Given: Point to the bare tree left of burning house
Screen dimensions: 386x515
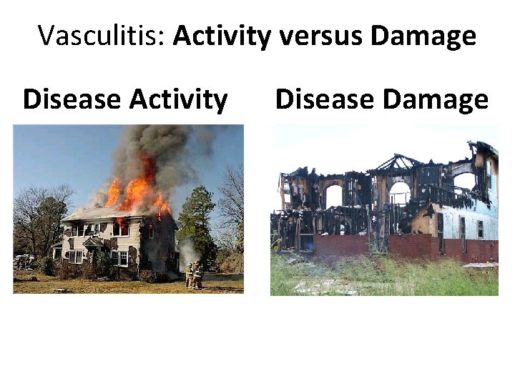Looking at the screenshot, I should pyautogui.click(x=39, y=214).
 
